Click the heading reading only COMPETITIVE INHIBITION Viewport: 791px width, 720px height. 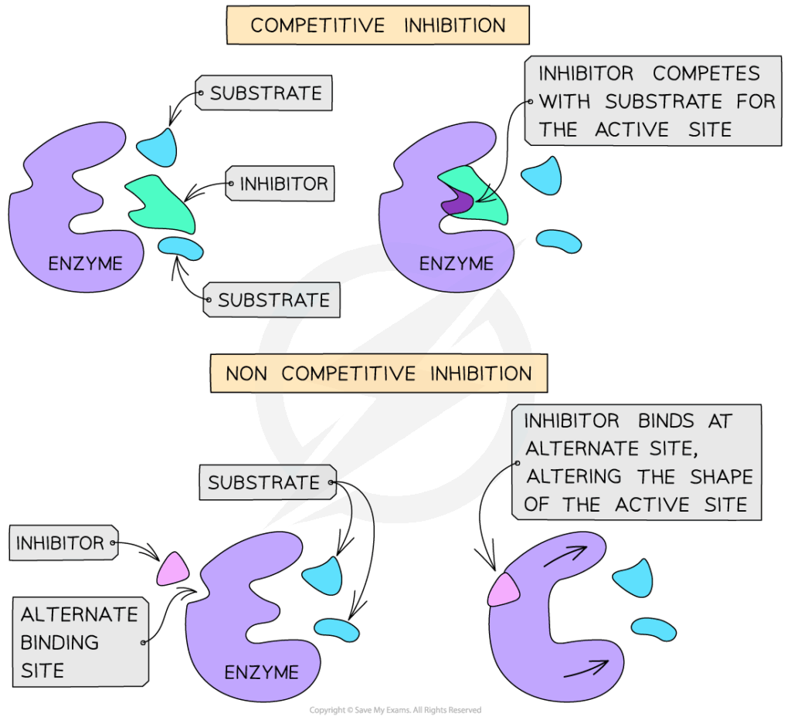[x=378, y=25]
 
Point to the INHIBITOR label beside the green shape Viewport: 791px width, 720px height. [x=283, y=184]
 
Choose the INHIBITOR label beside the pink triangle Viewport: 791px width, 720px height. [x=60, y=543]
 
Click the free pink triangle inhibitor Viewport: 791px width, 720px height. [x=172, y=569]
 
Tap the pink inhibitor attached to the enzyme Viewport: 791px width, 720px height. [x=503, y=590]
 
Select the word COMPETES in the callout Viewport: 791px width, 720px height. [x=706, y=74]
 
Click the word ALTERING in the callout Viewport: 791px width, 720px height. [x=574, y=477]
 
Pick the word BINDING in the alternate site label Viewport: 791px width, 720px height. [x=59, y=642]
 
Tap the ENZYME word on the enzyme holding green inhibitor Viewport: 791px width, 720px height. [x=457, y=264]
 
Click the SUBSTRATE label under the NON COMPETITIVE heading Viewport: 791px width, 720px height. [x=264, y=483]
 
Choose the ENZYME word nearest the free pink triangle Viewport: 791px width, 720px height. [x=261, y=673]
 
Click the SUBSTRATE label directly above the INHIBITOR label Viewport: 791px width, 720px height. [x=266, y=93]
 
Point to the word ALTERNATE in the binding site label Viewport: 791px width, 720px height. [x=79, y=615]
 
